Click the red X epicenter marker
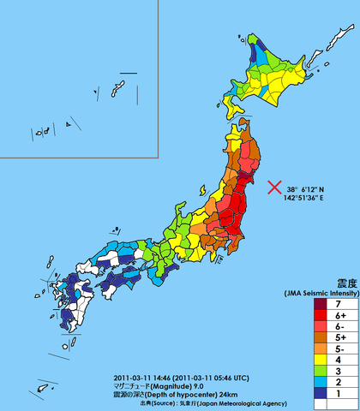point(275,188)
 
